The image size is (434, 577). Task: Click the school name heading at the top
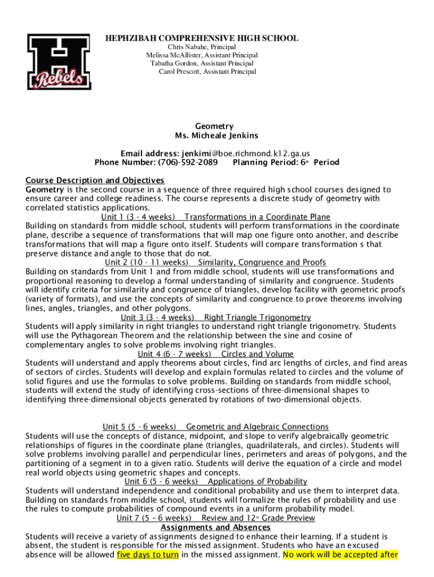pyautogui.click(x=202, y=38)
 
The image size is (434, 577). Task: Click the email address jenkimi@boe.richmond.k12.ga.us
pyautogui.click(x=246, y=153)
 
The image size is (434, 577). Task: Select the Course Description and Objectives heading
pyautogui.click(x=95, y=180)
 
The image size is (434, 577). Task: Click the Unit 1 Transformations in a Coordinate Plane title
pyautogui.click(x=216, y=217)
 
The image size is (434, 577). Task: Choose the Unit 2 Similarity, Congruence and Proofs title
pyautogui.click(x=215, y=263)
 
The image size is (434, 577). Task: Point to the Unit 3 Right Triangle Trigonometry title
pyautogui.click(x=216, y=317)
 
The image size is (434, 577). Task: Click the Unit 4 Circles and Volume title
pyautogui.click(x=216, y=354)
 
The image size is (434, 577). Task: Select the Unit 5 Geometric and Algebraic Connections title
pyautogui.click(x=215, y=427)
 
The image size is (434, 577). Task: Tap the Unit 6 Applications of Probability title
pyautogui.click(x=216, y=481)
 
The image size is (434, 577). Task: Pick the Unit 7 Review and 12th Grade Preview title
pyautogui.click(x=216, y=518)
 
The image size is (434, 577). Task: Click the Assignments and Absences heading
pyautogui.click(x=216, y=527)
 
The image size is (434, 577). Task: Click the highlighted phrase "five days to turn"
pyautogui.click(x=148, y=554)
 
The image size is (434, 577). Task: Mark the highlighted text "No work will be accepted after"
pyautogui.click(x=340, y=554)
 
